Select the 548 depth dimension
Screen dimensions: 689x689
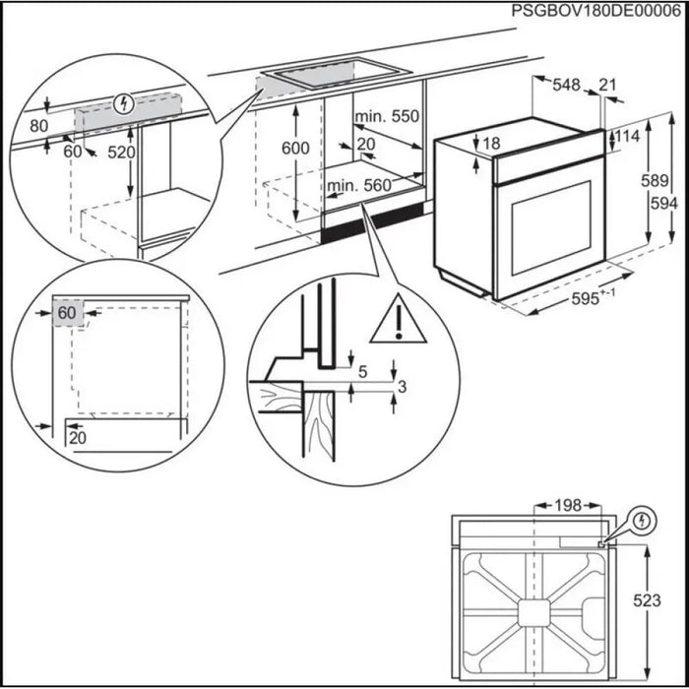point(566,86)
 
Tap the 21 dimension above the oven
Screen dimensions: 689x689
point(607,86)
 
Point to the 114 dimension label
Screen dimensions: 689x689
point(629,137)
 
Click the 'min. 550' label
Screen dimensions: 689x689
point(388,116)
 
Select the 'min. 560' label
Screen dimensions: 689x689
point(359,184)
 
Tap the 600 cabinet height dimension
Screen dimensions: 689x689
point(294,148)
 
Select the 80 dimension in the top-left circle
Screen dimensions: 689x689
point(38,126)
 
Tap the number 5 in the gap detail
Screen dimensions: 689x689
point(363,372)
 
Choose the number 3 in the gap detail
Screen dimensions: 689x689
point(400,386)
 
